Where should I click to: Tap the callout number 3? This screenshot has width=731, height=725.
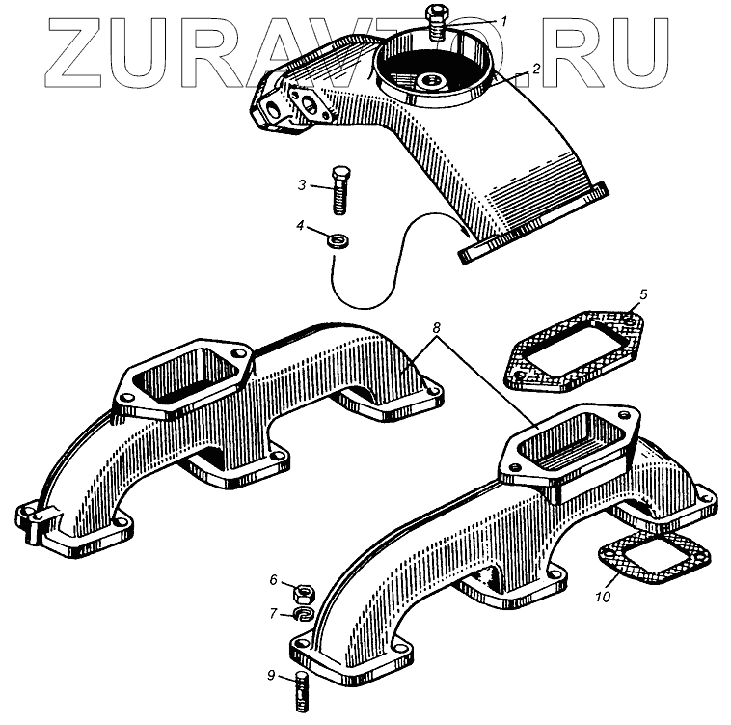pyautogui.click(x=302, y=183)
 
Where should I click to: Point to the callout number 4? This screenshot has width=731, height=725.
pyautogui.click(x=301, y=226)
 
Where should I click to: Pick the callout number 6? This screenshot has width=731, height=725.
pyautogui.click(x=273, y=580)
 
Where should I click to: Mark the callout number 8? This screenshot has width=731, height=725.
pyautogui.click(x=436, y=328)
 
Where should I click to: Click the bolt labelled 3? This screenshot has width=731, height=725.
pyautogui.click(x=340, y=191)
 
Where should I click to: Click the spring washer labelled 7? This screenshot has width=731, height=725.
pyautogui.click(x=303, y=613)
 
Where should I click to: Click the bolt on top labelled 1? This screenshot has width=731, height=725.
pyautogui.click(x=434, y=21)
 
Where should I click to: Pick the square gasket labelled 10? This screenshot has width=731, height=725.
pyautogui.click(x=654, y=560)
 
